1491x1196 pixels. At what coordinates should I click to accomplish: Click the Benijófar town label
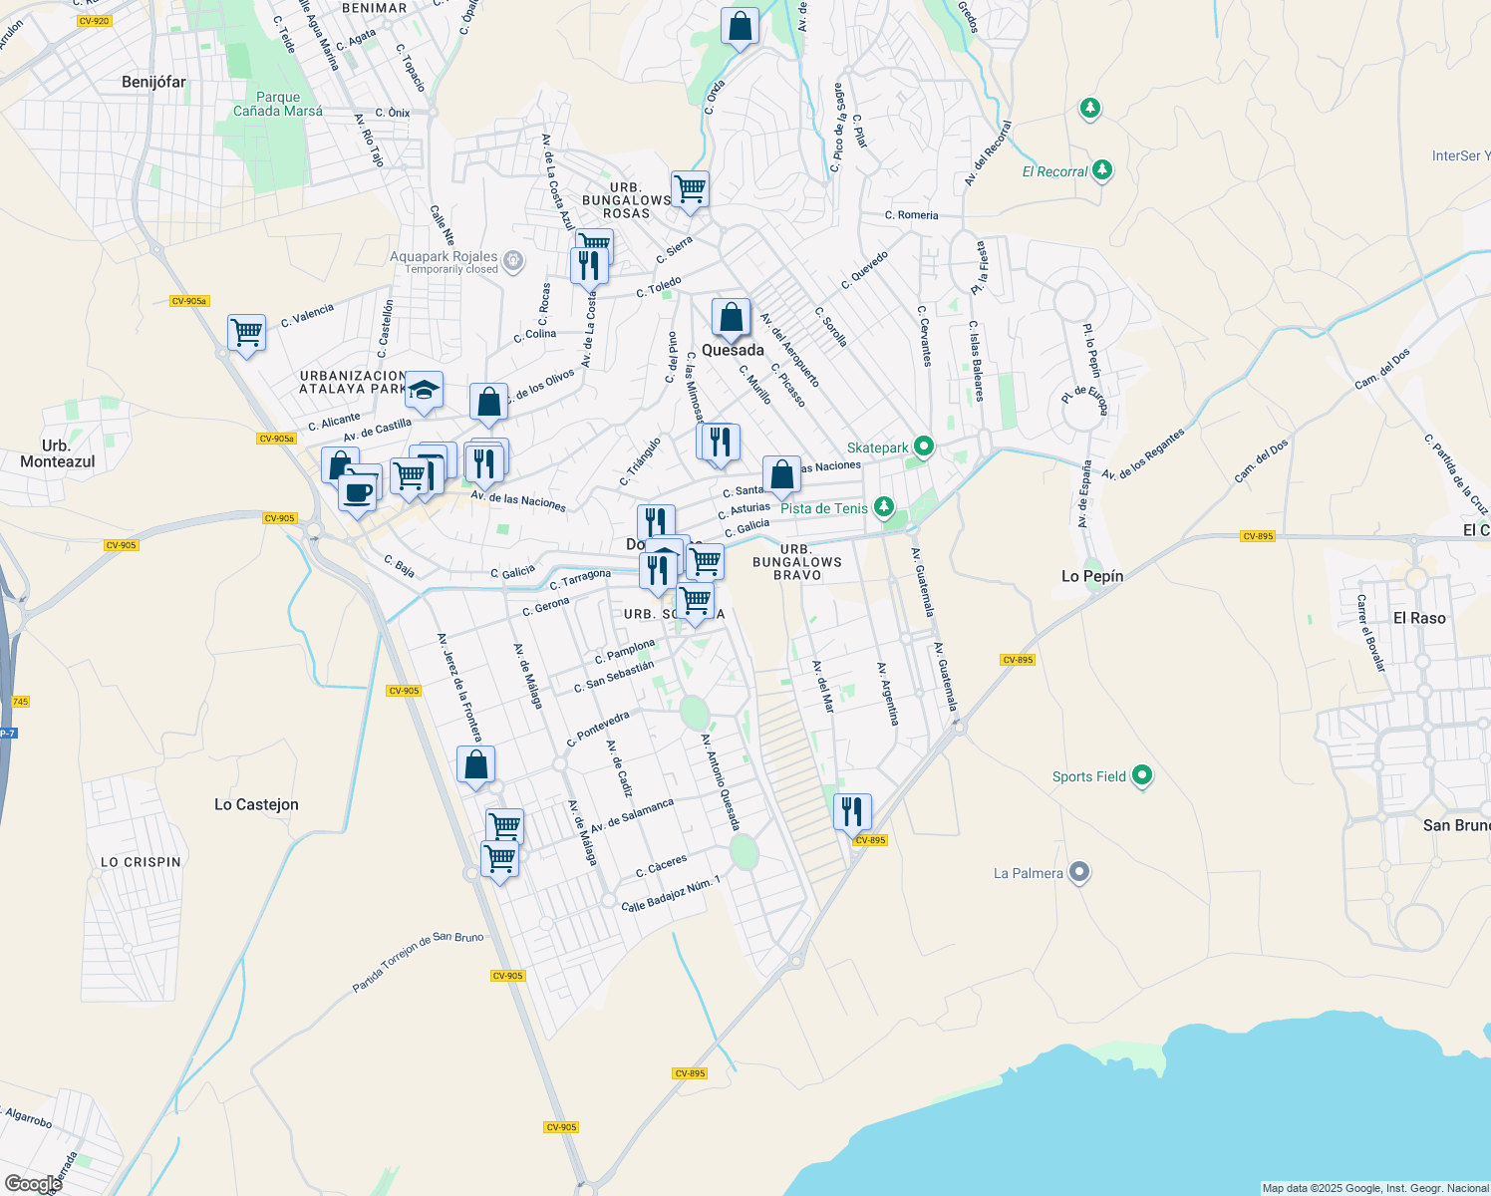coord(153,82)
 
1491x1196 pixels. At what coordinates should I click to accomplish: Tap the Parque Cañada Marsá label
coord(278,105)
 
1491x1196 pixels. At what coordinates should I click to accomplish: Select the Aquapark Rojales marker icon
coord(513,261)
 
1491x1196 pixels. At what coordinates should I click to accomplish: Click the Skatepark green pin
coord(923,447)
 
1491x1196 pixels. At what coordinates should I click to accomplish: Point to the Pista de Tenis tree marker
coord(883,507)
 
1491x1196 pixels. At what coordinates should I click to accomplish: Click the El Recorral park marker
coord(1101,170)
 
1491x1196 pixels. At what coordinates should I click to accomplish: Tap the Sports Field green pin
coord(1142,775)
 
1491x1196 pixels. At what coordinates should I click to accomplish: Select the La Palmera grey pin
coord(1078,873)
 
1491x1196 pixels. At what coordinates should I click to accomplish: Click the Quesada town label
coord(733,350)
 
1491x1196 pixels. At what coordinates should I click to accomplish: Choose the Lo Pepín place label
coord(1091,576)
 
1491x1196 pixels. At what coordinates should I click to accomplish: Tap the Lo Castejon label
coord(256,804)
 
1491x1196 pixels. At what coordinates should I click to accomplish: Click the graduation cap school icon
coord(424,391)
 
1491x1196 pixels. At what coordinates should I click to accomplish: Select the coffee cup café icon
coord(357,490)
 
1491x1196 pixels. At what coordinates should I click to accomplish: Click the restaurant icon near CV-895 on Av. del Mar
coord(852,811)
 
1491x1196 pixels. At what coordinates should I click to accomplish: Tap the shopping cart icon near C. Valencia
coord(246,332)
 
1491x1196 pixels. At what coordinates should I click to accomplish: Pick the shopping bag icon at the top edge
coord(740,26)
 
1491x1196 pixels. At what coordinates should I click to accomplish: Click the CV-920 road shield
coord(93,21)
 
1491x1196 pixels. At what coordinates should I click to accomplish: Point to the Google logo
coord(33,1184)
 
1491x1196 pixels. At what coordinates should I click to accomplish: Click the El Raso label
coord(1419,618)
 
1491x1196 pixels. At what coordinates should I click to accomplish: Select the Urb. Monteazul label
coord(57,453)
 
